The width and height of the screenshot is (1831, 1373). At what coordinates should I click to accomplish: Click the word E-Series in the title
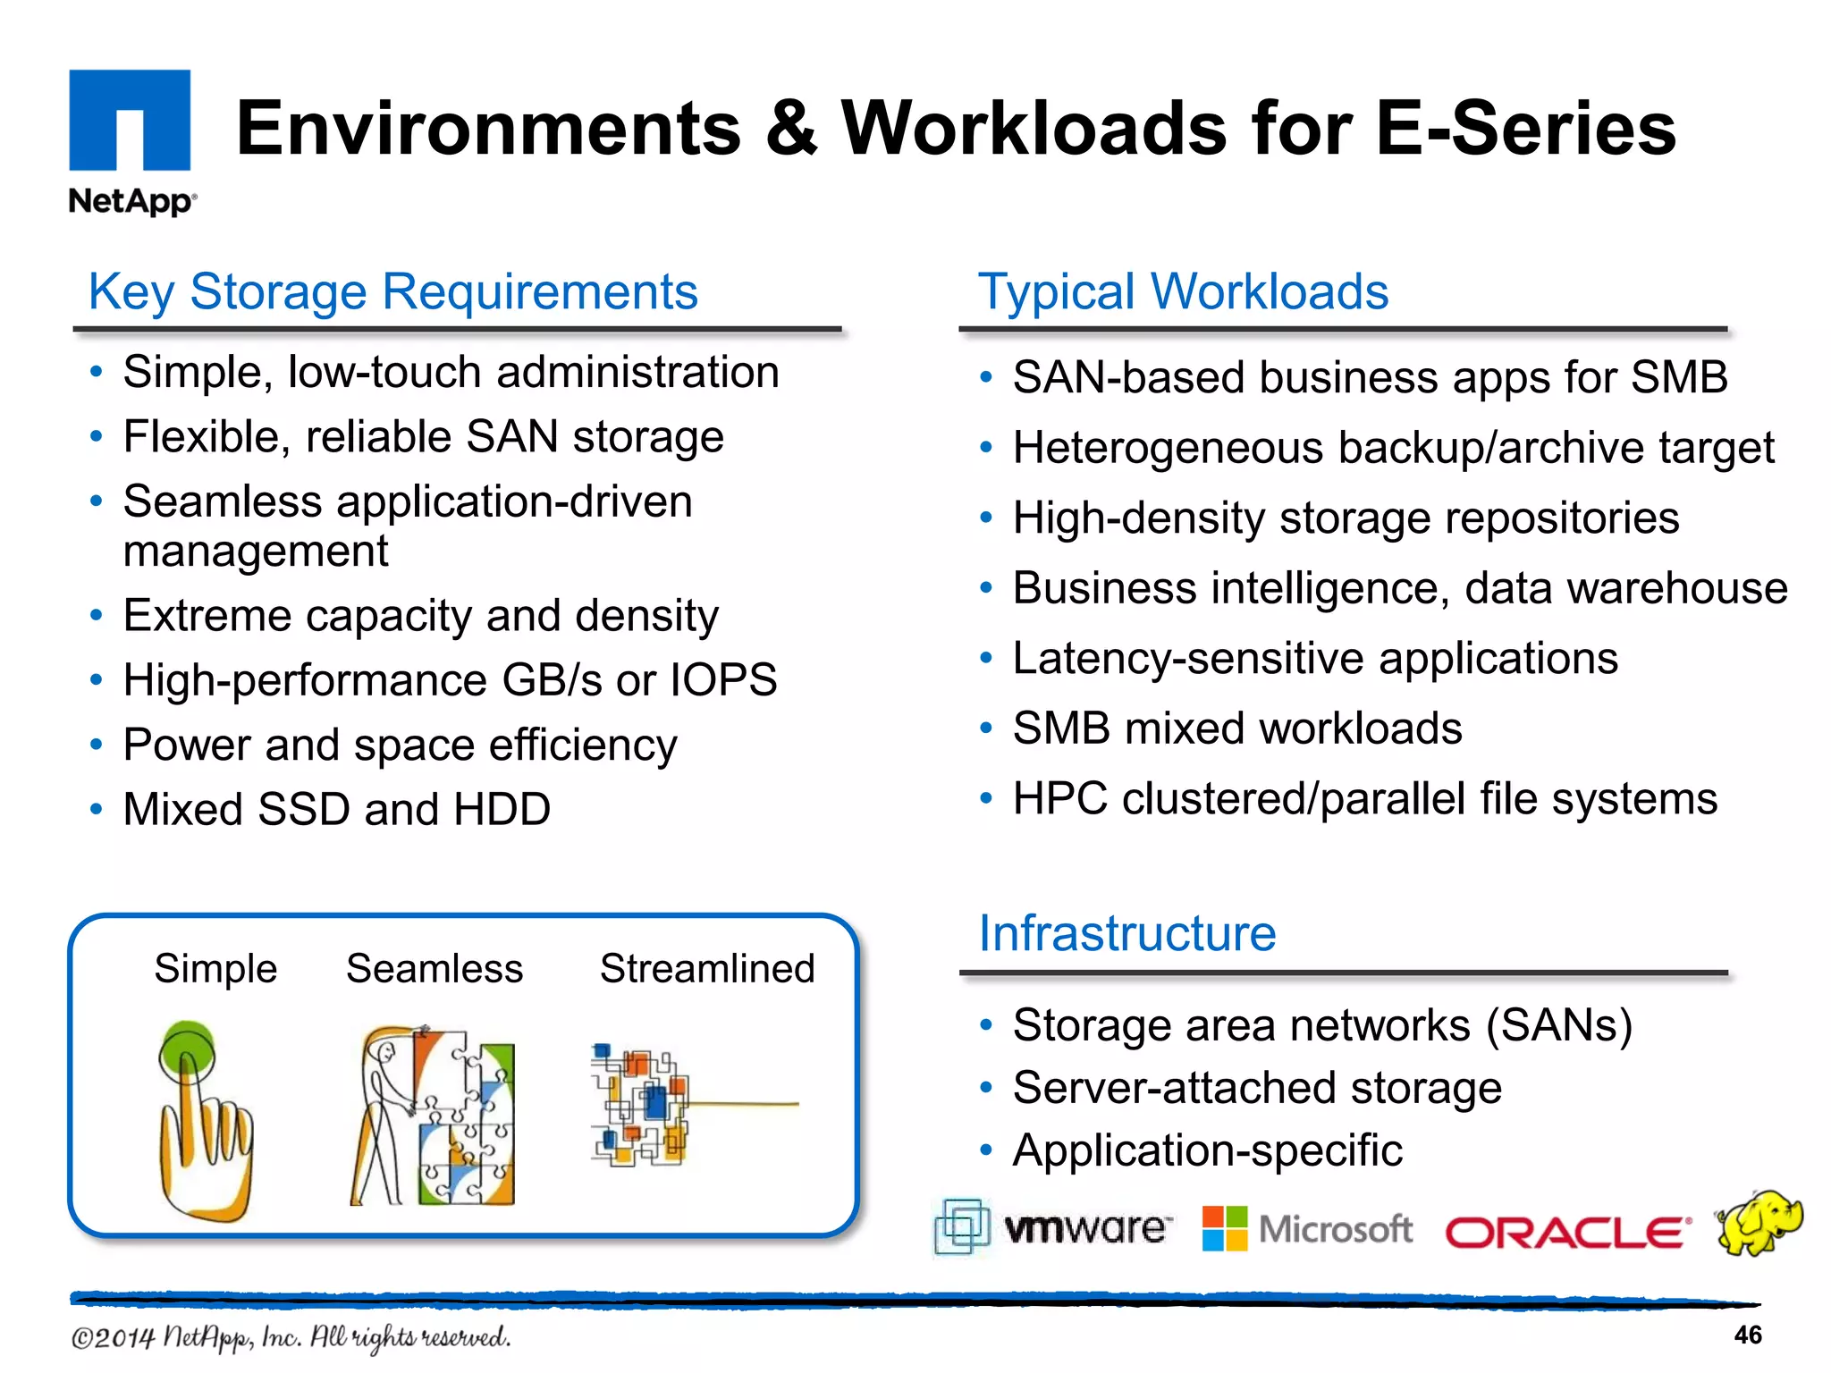1524,129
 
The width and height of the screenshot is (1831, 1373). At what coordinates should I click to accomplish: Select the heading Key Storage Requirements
392,292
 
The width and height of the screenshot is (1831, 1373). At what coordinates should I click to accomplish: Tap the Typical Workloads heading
1183,292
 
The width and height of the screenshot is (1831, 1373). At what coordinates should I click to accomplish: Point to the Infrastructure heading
1126,934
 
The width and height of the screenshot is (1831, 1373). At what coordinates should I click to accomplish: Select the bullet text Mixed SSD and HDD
336,810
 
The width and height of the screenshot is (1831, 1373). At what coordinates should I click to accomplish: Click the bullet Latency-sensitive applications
1314,659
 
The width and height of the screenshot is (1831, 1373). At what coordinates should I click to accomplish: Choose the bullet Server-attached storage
1256,1089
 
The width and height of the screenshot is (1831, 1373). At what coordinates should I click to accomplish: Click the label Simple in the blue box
215,969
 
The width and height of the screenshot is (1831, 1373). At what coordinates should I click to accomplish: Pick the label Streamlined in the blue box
707,969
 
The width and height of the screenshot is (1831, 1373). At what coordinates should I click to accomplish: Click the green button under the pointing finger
187,1049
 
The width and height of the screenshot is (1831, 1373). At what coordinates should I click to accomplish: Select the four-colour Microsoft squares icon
1224,1229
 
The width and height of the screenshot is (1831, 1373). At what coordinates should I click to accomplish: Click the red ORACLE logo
1567,1233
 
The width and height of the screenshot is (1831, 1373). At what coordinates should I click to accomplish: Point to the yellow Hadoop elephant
1758,1222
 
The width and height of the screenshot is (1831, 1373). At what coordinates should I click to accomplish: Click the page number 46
1747,1335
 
